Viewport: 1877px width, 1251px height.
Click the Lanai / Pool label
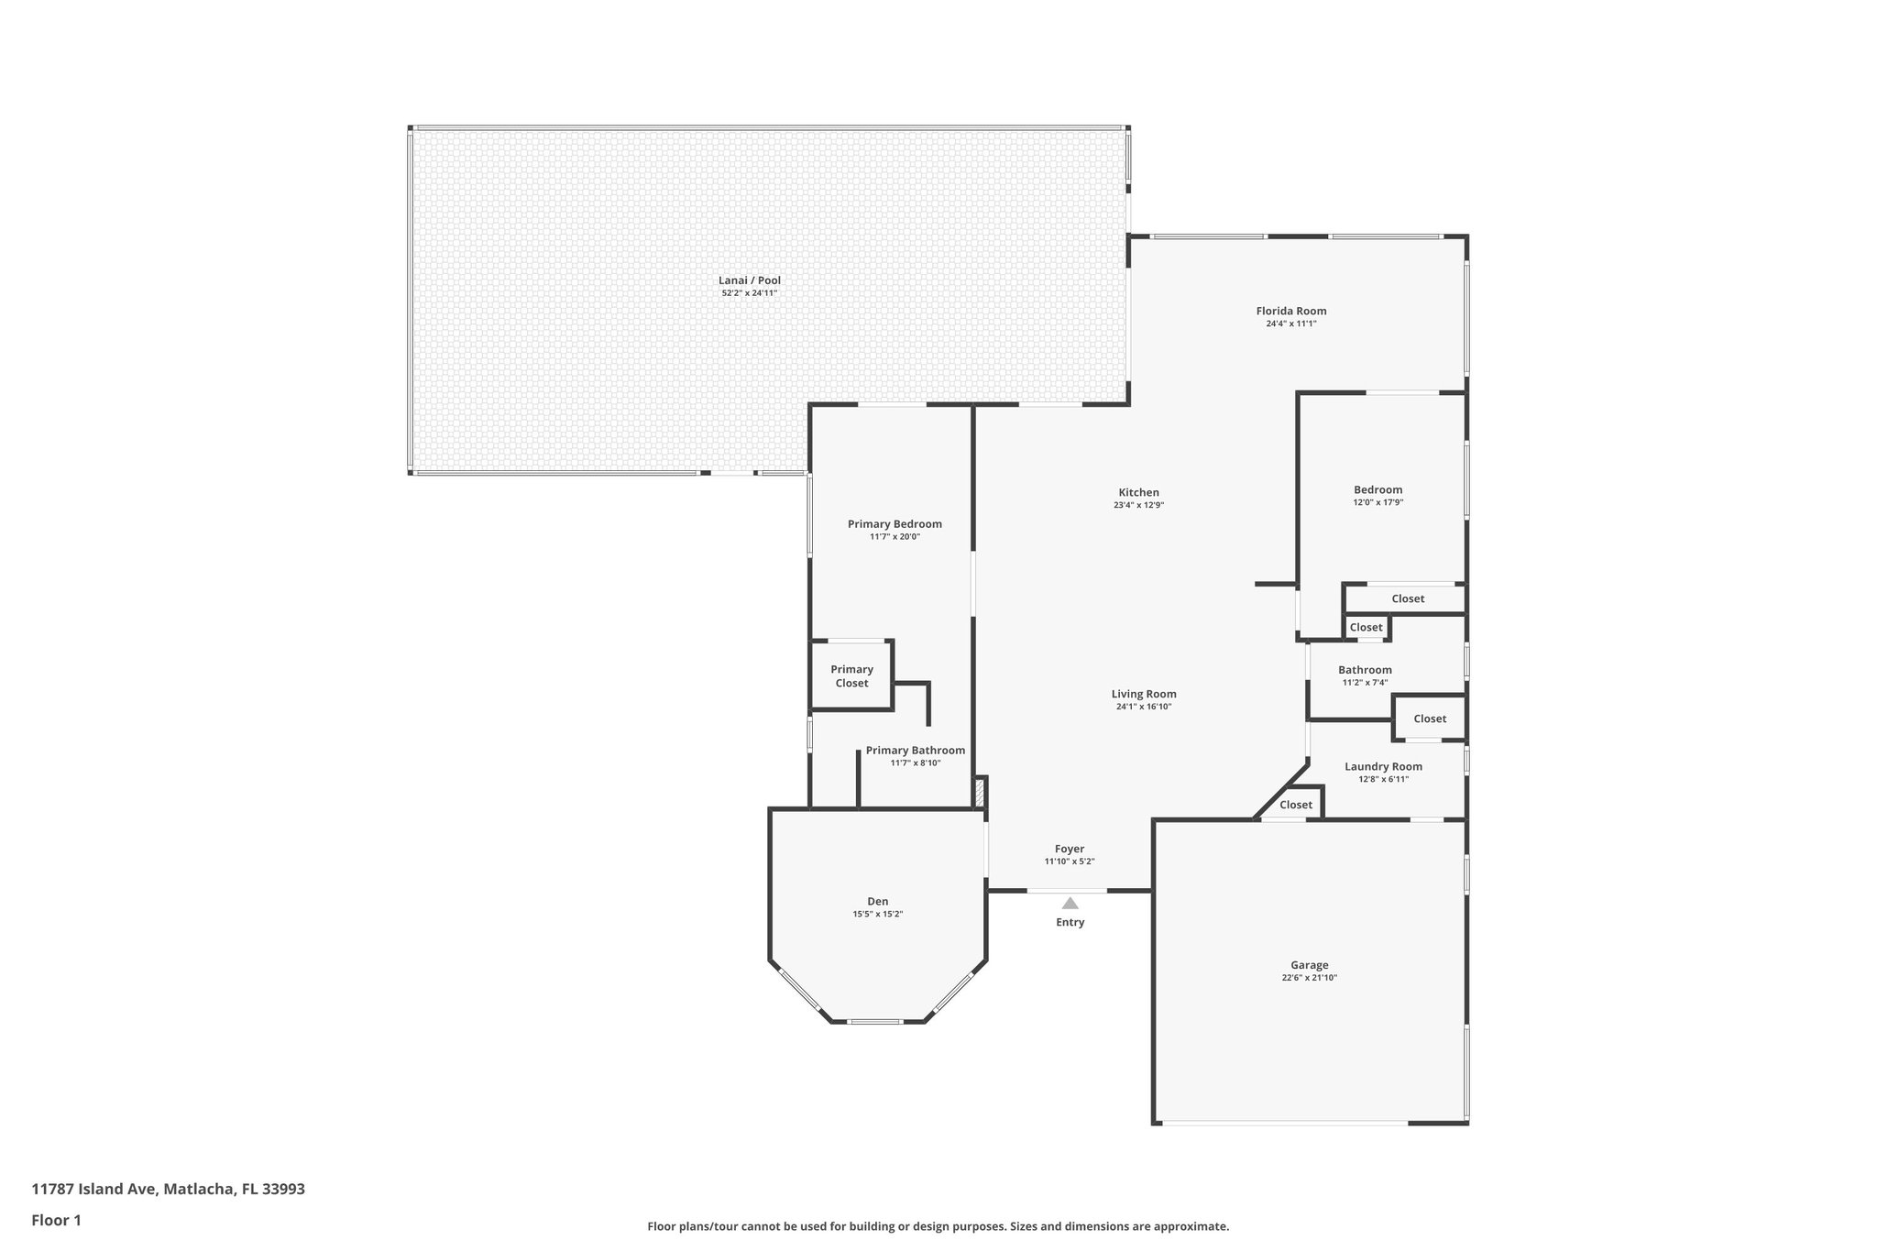coord(750,280)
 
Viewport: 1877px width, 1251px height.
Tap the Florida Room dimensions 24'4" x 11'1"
coord(1290,324)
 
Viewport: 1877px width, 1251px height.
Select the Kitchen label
coord(1138,492)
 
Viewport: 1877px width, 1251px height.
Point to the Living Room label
coord(1144,694)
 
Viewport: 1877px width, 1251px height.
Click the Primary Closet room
coord(851,676)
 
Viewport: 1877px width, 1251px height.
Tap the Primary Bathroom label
coord(915,750)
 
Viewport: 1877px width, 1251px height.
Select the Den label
coord(877,901)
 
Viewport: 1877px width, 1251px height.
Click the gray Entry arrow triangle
coord(1070,903)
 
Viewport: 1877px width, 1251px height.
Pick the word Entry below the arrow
coord(1070,922)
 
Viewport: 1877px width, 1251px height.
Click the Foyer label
coord(1069,849)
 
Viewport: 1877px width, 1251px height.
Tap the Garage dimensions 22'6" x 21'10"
coord(1309,978)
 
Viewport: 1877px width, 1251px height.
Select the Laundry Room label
coord(1383,766)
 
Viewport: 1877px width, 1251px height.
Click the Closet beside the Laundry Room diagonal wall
coord(1296,805)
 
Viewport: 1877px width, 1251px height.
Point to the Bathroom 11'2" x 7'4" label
coord(1365,670)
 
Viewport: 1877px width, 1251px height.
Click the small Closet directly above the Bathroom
coord(1366,627)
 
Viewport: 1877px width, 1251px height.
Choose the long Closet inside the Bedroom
coord(1408,598)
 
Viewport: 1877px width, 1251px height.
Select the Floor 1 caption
coord(57,1220)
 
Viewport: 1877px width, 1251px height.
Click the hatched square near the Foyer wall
coord(980,792)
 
